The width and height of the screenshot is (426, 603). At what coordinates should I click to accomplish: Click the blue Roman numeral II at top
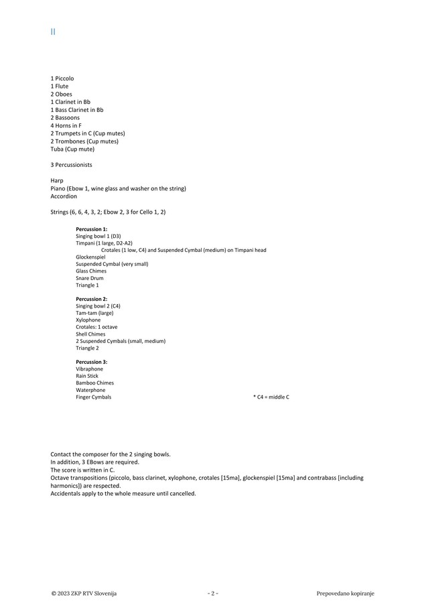pos(53,31)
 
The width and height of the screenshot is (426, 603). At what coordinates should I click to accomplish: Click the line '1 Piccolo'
pos(62,78)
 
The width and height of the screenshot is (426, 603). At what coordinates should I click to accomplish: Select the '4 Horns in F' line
pos(66,125)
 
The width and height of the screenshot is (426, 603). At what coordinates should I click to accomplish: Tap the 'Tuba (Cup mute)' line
pos(72,149)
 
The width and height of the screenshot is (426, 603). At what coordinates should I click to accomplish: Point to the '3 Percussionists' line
pos(71,164)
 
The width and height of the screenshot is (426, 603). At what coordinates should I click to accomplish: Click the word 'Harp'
pos(56,181)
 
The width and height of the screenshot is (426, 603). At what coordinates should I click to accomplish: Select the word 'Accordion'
pos(64,196)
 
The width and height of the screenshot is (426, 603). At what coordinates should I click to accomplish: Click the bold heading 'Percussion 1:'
pos(91,229)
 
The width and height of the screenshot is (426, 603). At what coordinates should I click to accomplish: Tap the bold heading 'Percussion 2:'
pos(91,299)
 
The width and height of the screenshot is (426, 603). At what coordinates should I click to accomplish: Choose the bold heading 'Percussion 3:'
pos(91,362)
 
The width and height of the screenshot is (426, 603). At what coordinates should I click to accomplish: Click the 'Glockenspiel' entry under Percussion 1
pos(90,257)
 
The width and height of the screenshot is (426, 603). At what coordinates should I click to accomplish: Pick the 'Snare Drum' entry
pos(89,278)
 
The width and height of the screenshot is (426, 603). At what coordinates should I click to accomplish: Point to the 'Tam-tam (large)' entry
pos(94,313)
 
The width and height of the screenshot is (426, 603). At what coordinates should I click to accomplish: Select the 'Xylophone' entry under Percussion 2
pos(88,320)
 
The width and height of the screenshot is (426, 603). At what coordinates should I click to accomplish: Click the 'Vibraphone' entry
pos(89,369)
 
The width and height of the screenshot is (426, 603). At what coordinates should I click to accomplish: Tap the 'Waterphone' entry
pos(90,390)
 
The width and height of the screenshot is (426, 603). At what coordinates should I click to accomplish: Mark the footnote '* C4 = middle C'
pos(271,397)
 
